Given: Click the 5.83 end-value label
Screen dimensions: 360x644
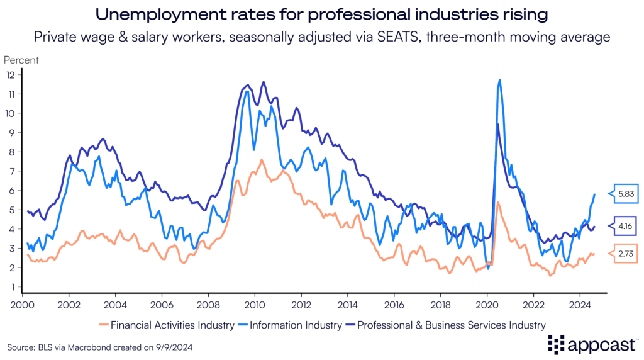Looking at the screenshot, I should [x=626, y=194].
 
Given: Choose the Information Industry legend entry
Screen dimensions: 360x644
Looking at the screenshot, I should [x=292, y=325].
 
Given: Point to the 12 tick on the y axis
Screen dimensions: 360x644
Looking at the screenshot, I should [x=9, y=74].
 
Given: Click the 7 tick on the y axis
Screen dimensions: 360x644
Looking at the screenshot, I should [x=11, y=171].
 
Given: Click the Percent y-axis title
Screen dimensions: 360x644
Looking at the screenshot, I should [x=21, y=60].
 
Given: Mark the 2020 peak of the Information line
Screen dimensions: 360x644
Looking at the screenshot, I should [x=499, y=80].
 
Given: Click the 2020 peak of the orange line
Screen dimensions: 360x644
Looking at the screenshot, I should [x=498, y=202].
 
